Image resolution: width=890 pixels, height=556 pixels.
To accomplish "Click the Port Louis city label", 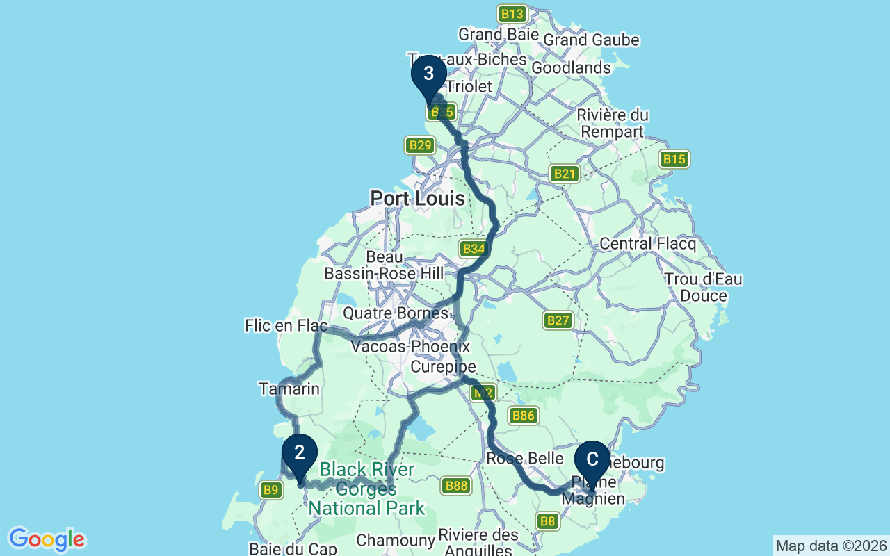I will tap(417, 199).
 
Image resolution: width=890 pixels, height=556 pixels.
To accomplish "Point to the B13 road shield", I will tap(512, 14).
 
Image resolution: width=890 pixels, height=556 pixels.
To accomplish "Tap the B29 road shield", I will tap(420, 145).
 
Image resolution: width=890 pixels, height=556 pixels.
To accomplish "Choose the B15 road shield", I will tap(674, 159).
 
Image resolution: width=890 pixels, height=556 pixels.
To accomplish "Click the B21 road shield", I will tap(564, 174).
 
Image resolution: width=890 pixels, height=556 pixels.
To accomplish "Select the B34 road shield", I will tap(474, 249).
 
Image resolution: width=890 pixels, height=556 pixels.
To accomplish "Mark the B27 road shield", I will tap(558, 320).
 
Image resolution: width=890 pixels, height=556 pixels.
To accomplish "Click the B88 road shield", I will tap(456, 486).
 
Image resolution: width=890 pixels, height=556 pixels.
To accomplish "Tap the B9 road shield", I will tap(271, 491).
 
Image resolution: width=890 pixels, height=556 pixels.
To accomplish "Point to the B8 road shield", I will tap(548, 521).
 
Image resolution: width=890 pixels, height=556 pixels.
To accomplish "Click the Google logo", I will tap(47, 539).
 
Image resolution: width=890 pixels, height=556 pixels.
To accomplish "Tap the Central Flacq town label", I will tap(647, 244).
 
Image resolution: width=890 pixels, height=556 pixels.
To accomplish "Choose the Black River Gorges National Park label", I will tap(366, 489).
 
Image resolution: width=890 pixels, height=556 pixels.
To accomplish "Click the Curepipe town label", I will tap(444, 366).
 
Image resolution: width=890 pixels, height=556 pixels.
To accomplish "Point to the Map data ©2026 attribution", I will tap(831, 546).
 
